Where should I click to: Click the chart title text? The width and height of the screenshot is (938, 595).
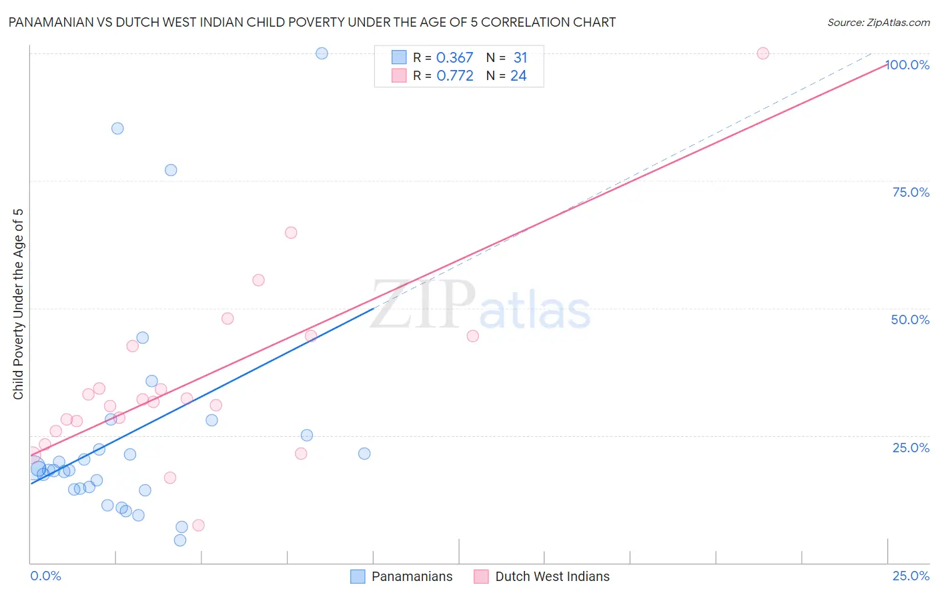point(312,22)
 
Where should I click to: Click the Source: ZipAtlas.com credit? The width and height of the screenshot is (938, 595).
point(878,22)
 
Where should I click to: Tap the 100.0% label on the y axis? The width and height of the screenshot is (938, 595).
point(907,65)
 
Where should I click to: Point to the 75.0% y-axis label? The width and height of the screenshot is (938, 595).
point(911,192)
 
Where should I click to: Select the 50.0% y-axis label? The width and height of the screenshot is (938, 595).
point(910,320)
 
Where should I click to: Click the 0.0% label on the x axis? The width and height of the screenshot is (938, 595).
point(45,576)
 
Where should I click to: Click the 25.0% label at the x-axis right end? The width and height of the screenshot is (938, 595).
point(911,576)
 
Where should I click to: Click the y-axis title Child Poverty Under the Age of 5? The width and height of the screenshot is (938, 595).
point(18,304)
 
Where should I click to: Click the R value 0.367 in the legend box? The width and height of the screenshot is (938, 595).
point(454,58)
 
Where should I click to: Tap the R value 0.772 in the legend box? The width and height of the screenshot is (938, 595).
point(454,76)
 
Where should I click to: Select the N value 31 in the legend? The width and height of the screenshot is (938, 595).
point(520,58)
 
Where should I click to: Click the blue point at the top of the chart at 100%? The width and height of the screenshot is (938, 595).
point(322,53)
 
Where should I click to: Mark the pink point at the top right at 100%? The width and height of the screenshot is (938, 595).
point(763,53)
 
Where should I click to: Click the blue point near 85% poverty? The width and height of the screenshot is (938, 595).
point(117,128)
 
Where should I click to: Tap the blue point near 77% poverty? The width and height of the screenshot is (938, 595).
point(171,170)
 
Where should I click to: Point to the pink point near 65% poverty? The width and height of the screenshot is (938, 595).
point(291,233)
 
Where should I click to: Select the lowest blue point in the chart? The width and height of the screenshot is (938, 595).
point(180,540)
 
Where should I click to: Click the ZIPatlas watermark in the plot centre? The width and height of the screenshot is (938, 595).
point(480,306)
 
